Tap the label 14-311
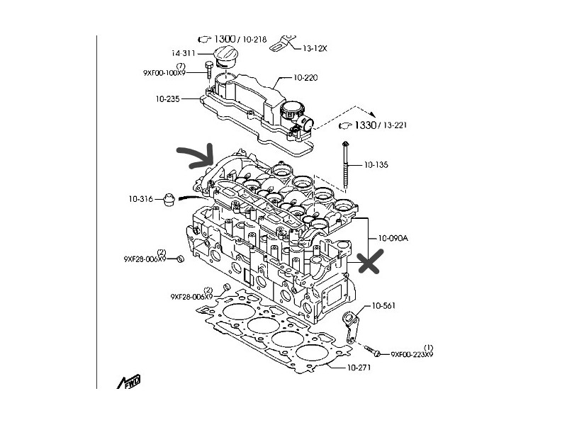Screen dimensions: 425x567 (x=184, y=53)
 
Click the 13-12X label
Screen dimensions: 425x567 (x=315, y=48)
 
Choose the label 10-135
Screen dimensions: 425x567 (x=377, y=164)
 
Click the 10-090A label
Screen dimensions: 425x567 (x=393, y=239)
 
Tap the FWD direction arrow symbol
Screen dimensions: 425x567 (x=130, y=382)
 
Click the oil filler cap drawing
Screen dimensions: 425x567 (x=226, y=58)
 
